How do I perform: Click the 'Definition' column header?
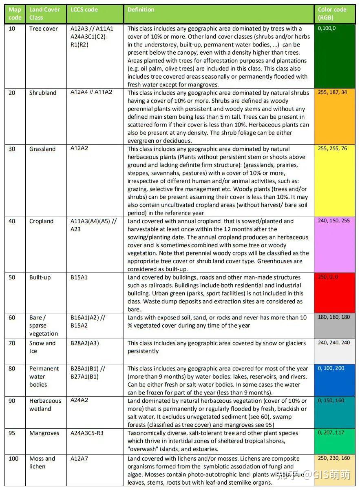pyautogui.click(x=141, y=10)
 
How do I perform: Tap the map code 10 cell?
pyautogui.click(x=12, y=29)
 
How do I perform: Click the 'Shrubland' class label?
pyautogui.click(x=43, y=93)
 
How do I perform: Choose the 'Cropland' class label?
pyautogui.click(x=41, y=222)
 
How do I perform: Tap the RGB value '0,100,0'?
pyautogui.click(x=327, y=29)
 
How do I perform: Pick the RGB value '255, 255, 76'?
pyautogui.click(x=333, y=149)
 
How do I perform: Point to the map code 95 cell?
pyautogui.click(x=12, y=433)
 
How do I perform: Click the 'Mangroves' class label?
pyautogui.click(x=44, y=433)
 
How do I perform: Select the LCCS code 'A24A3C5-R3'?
pyautogui.click(x=87, y=433)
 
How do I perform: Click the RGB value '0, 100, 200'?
pyautogui.click(x=331, y=368)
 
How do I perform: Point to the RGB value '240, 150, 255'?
pyautogui.click(x=334, y=221)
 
